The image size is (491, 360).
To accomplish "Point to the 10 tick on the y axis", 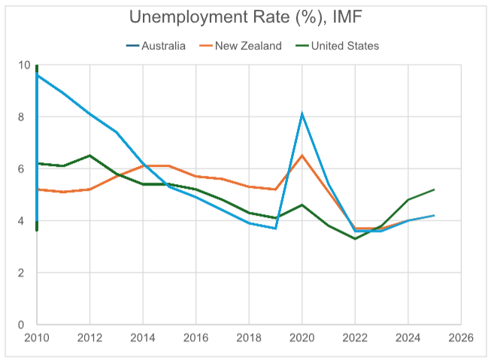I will click(x=24, y=65).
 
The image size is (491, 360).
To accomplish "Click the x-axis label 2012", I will click(x=89, y=338).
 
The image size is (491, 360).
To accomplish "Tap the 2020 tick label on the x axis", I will click(x=302, y=338).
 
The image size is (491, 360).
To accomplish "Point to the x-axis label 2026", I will click(x=460, y=338).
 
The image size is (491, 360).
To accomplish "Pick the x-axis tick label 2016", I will click(x=195, y=338).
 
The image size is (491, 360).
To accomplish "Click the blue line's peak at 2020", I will click(x=302, y=114).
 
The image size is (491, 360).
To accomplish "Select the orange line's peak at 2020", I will click(x=302, y=156).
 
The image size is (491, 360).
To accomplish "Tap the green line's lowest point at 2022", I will click(x=355, y=239).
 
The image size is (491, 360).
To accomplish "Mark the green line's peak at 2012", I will click(x=89, y=156).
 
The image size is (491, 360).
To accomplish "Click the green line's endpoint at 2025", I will click(x=434, y=189).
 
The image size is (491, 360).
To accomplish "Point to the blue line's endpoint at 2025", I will click(x=434, y=216).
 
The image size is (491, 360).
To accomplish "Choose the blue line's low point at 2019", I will click(x=275, y=228).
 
